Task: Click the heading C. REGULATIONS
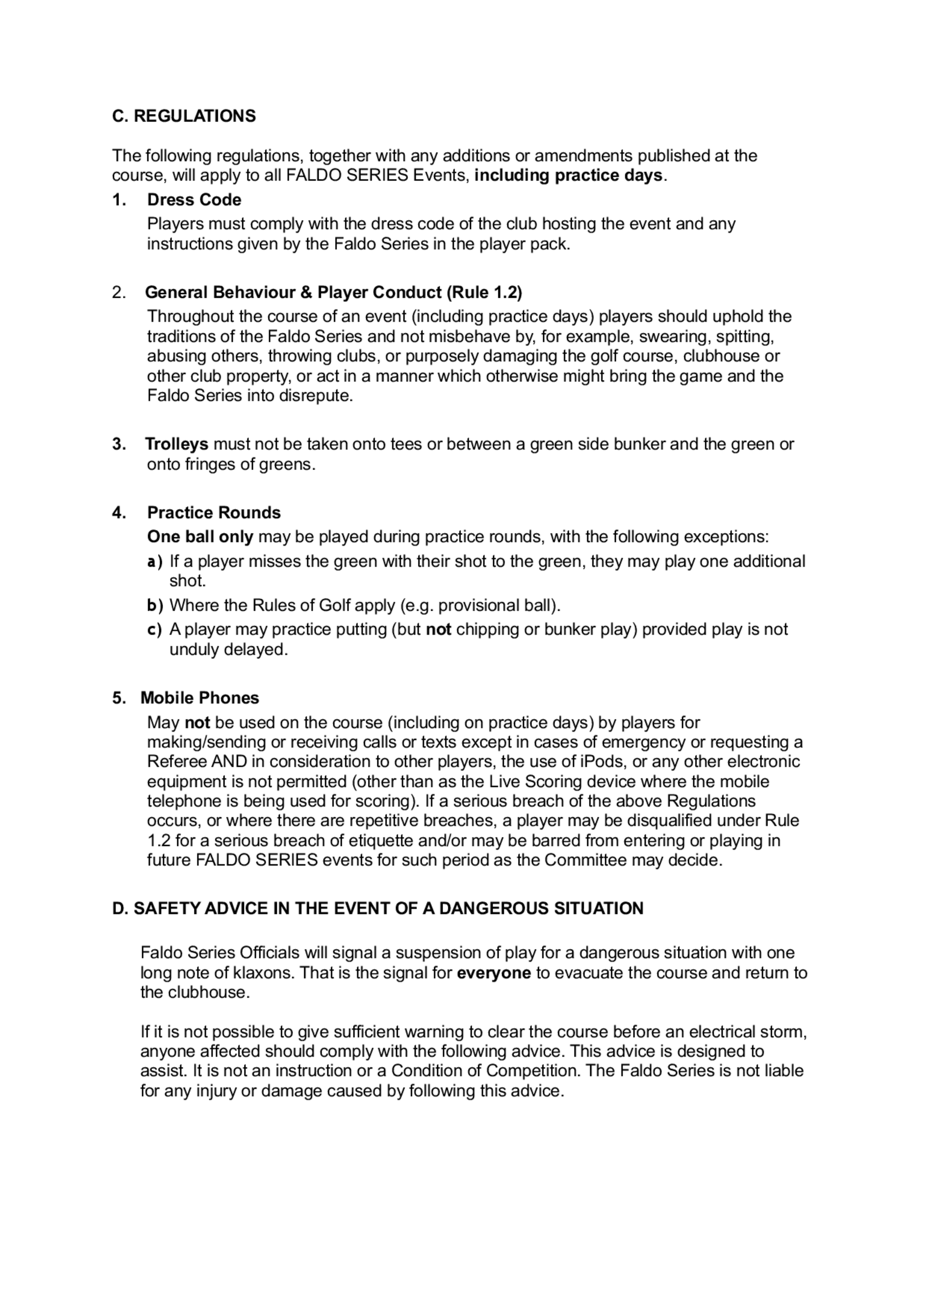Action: pos(184,116)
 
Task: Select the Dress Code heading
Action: pos(194,200)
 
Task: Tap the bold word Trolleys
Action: pos(177,444)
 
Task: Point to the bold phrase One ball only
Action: pos(200,537)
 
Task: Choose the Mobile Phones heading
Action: pos(200,698)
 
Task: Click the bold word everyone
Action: pos(494,972)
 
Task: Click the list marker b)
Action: pos(155,605)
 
